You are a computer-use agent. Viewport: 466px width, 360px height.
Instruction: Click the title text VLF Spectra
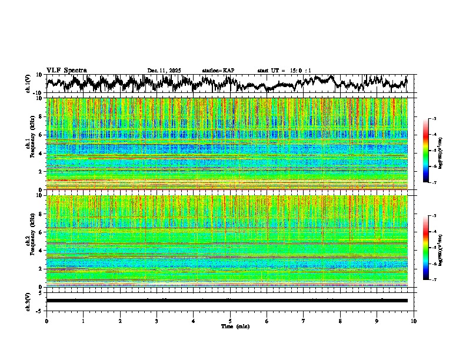(66, 70)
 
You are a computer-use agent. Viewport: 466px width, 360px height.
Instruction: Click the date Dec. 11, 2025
(164, 71)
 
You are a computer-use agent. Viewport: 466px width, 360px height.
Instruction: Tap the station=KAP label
(218, 71)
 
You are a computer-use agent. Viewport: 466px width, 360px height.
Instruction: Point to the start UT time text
(284, 71)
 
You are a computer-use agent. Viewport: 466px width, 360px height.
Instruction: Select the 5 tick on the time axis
(230, 321)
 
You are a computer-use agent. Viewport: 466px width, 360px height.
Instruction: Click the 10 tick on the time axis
(414, 321)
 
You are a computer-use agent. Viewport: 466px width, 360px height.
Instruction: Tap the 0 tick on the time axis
(46, 321)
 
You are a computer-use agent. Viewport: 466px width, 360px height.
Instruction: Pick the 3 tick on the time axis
(157, 321)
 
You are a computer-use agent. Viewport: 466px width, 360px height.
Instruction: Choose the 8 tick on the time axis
(340, 321)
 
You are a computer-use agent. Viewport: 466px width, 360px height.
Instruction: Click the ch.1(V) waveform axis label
(28, 84)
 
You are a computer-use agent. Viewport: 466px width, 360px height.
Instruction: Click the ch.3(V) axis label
(28, 300)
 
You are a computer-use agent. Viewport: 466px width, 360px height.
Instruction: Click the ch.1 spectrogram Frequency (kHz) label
(31, 144)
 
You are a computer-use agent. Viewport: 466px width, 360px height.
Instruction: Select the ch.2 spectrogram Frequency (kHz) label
(31, 241)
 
